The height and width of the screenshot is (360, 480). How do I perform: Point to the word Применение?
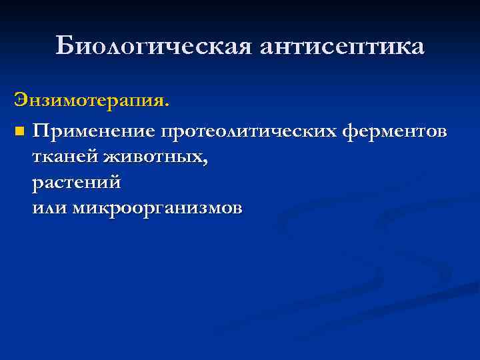pyautogui.click(x=94, y=131)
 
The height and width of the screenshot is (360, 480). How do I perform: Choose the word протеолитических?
pyautogui.click(x=251, y=131)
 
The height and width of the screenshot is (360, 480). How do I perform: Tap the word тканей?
pyautogui.click(x=65, y=157)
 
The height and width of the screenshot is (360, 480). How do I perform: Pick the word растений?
pyautogui.click(x=76, y=182)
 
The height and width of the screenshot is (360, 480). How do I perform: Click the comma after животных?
pyautogui.click(x=205, y=162)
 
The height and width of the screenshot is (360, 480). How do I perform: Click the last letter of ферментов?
pyautogui.click(x=442, y=133)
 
